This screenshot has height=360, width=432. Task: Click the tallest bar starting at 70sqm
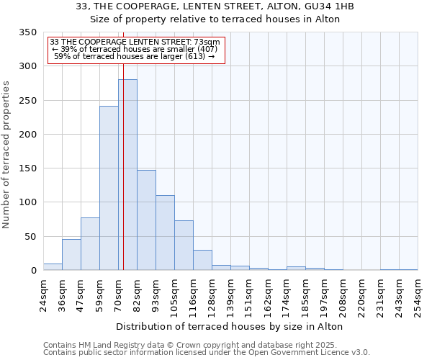[x=127, y=175]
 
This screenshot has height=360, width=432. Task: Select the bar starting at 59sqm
[x=109, y=188]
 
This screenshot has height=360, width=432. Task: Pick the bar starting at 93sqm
[x=165, y=233]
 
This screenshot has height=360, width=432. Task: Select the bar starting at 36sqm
[x=71, y=255]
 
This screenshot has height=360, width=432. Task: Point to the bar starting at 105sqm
[x=184, y=246]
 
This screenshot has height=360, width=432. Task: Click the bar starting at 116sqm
[x=202, y=260]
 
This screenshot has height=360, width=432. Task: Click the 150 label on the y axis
[x=29, y=168]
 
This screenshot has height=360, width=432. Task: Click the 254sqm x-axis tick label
[x=418, y=296]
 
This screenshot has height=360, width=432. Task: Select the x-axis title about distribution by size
[x=229, y=326]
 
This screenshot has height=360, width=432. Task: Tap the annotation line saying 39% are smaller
[x=135, y=49]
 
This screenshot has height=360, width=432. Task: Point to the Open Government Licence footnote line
[x=207, y=353]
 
